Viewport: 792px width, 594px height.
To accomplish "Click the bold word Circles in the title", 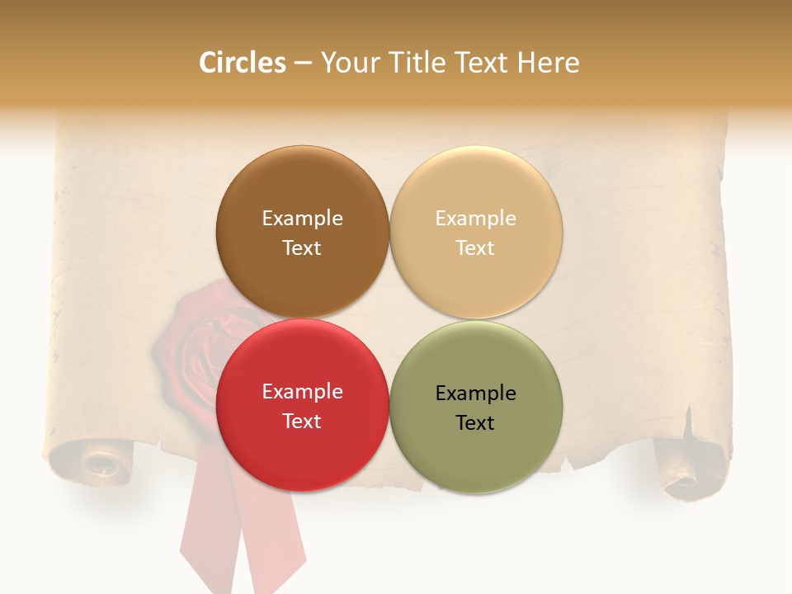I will point(242,63).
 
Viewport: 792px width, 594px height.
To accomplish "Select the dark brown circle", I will point(302,232).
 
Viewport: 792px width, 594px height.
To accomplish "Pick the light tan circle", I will point(476,232).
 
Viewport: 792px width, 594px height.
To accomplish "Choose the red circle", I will point(302,405).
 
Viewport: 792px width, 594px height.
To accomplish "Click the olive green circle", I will point(476,407).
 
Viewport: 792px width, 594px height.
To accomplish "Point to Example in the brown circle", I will point(302,218).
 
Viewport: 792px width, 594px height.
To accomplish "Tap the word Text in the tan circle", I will point(475,247).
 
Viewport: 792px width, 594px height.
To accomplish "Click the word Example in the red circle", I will point(302,391).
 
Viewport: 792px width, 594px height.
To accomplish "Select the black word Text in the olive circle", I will point(475,422).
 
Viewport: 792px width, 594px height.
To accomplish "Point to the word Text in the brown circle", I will point(302,247).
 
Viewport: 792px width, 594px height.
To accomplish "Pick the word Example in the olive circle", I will point(475,393).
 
